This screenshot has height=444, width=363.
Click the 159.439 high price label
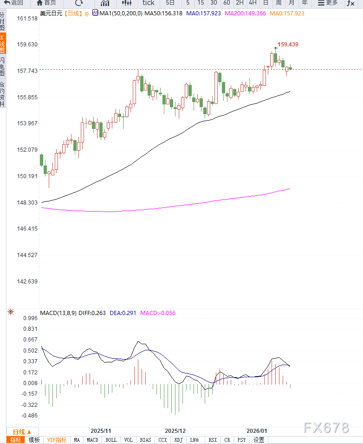pyautogui.click(x=288, y=45)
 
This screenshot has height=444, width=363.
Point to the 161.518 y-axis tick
pyautogui.click(x=27, y=19)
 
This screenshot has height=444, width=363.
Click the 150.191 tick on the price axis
pyautogui.click(x=27, y=176)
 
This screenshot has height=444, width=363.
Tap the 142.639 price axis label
pyautogui.click(x=27, y=281)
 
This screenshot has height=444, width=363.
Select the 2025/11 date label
pyautogui.click(x=101, y=431)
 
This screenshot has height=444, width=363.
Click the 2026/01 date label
pyautogui.click(x=257, y=431)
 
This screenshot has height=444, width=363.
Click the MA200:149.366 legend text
pyautogui.click(x=245, y=13)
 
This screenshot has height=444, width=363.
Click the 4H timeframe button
pyautogui.click(x=253, y=3)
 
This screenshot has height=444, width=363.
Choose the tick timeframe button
pyautogui.click(x=148, y=3)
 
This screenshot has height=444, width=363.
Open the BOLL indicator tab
pyautogui.click(x=111, y=440)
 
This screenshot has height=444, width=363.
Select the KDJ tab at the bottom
pyautogui.click(x=179, y=440)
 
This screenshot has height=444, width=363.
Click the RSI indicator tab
pyautogui.click(x=213, y=440)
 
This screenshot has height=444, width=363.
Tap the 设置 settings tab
pyautogui.click(x=259, y=440)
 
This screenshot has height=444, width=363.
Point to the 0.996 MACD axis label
pyautogui.click(x=30, y=318)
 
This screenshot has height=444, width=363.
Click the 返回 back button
pyautogui.click(x=14, y=3)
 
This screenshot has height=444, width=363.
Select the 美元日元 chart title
pyautogui.click(x=51, y=13)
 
